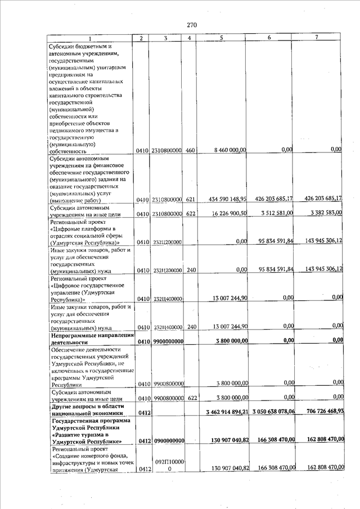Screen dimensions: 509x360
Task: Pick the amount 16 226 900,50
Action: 228,213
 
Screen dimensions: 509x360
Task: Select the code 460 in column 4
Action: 190,151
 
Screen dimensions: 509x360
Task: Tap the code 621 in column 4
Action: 190,200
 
